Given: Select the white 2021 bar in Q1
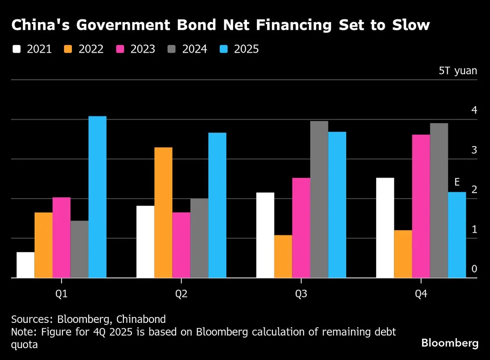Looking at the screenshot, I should [x=25, y=265].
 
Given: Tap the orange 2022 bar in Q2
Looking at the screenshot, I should [x=163, y=212].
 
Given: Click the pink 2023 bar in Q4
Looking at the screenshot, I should [x=421, y=206].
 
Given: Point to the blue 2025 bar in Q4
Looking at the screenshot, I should [x=457, y=235].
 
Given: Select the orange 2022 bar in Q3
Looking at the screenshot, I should [x=283, y=256].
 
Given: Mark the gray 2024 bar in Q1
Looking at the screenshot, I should [x=79, y=249].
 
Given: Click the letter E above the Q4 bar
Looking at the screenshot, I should [x=457, y=182].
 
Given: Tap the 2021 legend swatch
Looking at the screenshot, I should [x=17, y=49].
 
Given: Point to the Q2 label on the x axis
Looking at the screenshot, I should [x=181, y=294].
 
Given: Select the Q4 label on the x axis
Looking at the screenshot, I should [x=421, y=294].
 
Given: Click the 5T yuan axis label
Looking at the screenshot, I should [x=458, y=71].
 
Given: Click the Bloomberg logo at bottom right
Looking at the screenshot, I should [x=450, y=343].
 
